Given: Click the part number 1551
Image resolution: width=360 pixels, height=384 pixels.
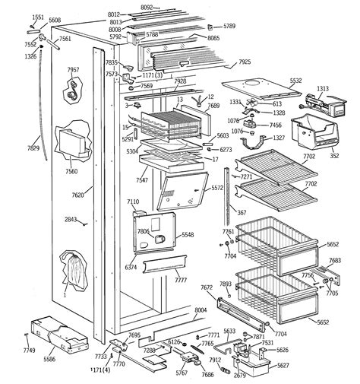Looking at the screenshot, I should pos(37,17).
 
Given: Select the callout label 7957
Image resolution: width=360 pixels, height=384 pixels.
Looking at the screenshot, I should pos(73,70).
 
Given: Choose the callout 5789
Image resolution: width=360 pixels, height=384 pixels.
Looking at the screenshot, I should pos(229,26).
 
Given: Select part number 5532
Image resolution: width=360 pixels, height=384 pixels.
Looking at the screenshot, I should pos(295,80).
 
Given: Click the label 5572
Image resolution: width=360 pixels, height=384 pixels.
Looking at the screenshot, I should pos(217,188).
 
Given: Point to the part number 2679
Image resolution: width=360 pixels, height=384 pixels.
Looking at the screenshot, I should pos(239,374).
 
